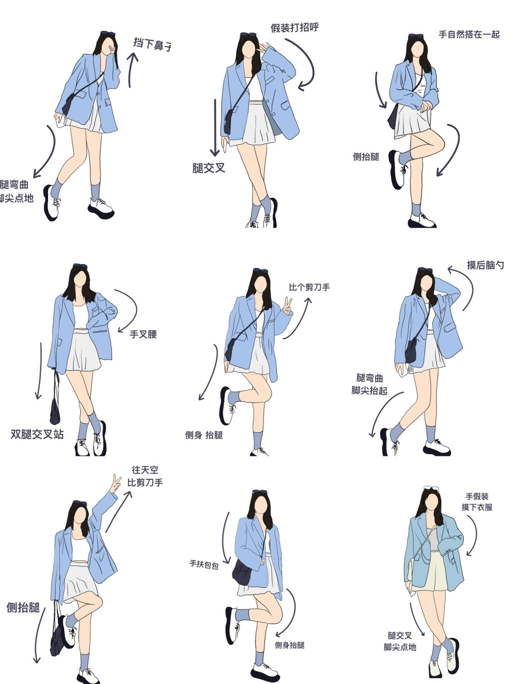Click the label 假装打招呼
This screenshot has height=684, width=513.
pyautogui.click(x=294, y=28)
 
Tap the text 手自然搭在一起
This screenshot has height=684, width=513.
pyautogui.click(x=469, y=35)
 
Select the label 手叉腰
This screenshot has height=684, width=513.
pyautogui.click(x=143, y=335)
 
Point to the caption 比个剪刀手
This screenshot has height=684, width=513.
pyautogui.click(x=309, y=287)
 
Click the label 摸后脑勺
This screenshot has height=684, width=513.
pyautogui.click(x=485, y=265)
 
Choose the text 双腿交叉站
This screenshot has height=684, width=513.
pyautogui.click(x=37, y=434)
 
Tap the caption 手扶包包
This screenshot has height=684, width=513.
pyautogui.click(x=204, y=564)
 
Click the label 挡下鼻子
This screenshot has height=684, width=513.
pyautogui.click(x=152, y=44)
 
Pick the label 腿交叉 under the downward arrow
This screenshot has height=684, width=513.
pyautogui.click(x=209, y=168)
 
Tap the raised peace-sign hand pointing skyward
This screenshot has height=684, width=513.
pyautogui.click(x=114, y=482)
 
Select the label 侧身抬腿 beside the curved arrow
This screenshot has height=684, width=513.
pyautogui.click(x=289, y=645)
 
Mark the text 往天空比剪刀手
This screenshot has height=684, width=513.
pyautogui.click(x=145, y=476)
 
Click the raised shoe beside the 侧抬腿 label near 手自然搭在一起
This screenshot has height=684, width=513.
pyautogui.click(x=396, y=170)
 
